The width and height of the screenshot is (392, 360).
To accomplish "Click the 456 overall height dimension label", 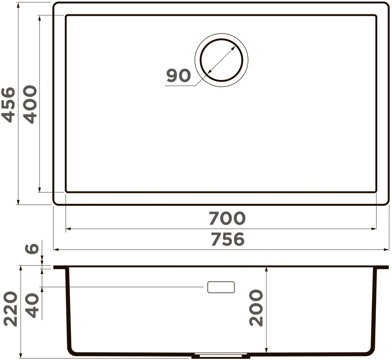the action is [8, 105].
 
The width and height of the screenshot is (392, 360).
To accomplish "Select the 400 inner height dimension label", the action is [30, 104].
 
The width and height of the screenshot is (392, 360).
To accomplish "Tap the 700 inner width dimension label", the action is [227, 218].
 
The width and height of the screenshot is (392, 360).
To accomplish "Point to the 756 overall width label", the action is [228, 239].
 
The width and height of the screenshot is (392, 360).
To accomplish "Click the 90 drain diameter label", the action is [178, 76].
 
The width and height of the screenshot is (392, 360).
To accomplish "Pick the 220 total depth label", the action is [11, 309].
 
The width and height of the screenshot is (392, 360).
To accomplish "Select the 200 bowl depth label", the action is [256, 308].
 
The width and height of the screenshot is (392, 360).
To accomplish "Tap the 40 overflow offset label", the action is [33, 305].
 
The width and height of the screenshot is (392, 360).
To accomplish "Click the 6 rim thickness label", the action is [32, 249].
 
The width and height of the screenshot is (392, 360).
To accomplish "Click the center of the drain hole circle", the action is [221, 60].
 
